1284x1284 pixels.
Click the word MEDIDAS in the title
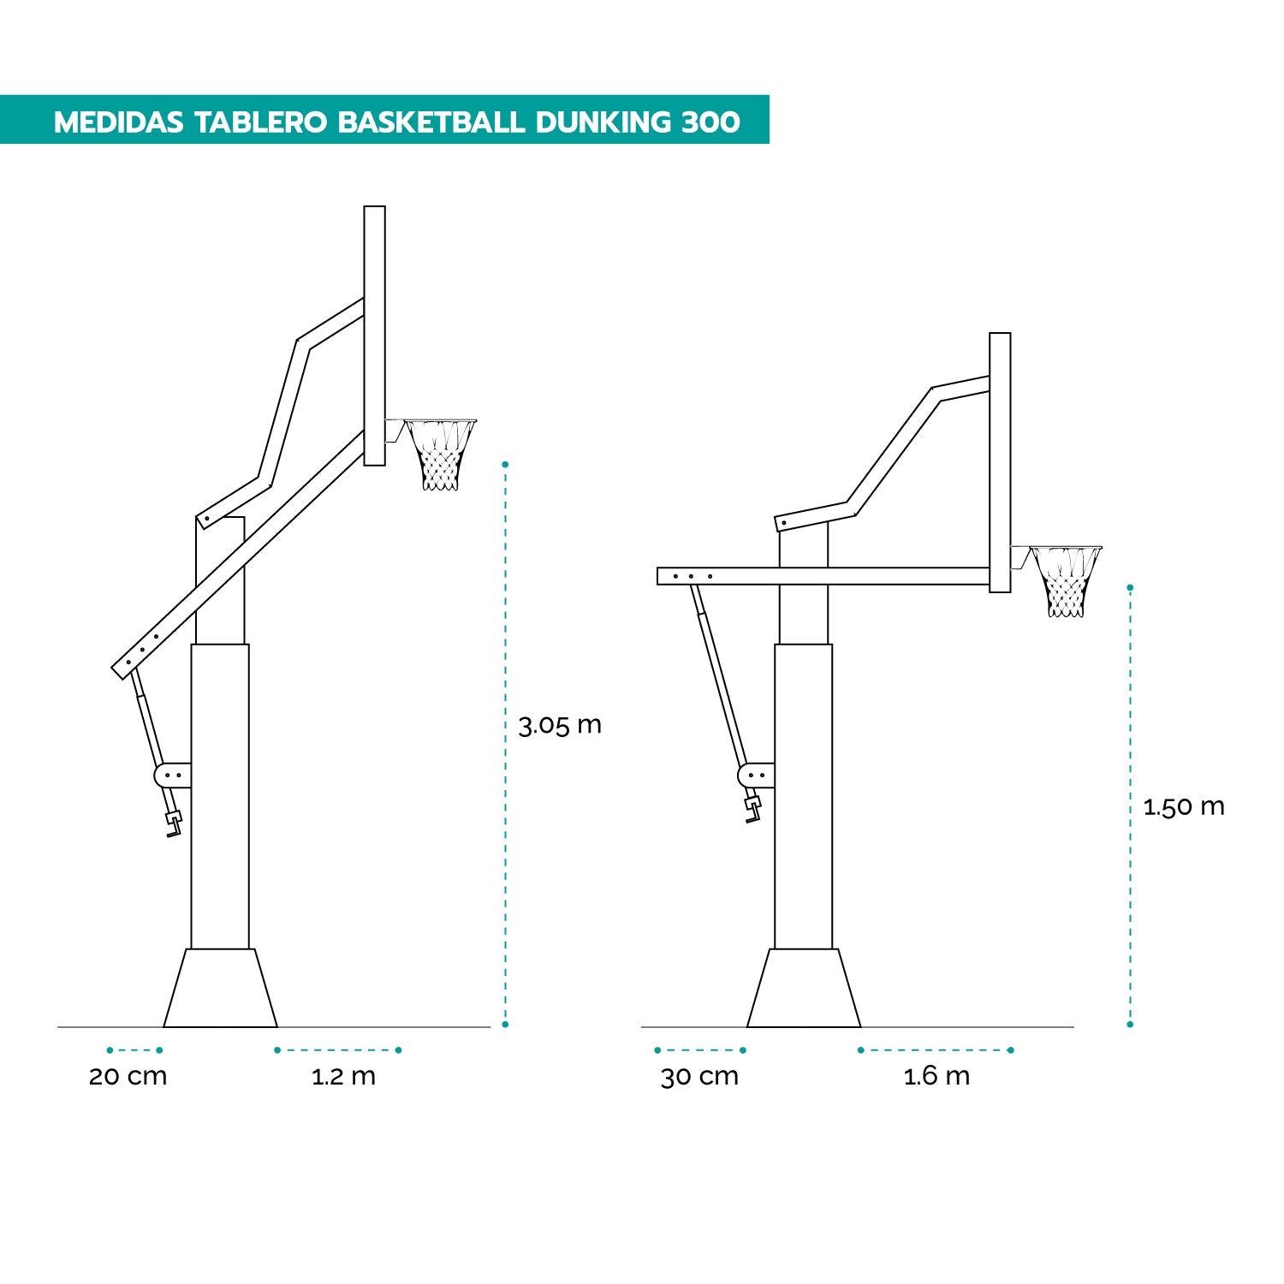(x=118, y=122)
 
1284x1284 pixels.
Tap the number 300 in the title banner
(x=711, y=122)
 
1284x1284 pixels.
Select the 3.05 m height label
(x=560, y=725)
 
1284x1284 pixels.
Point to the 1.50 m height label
(x=1184, y=806)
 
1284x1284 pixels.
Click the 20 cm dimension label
(x=128, y=1076)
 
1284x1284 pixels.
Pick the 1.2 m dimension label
(x=343, y=1076)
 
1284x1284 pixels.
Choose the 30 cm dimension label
(x=699, y=1076)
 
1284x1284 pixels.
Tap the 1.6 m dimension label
(x=936, y=1076)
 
